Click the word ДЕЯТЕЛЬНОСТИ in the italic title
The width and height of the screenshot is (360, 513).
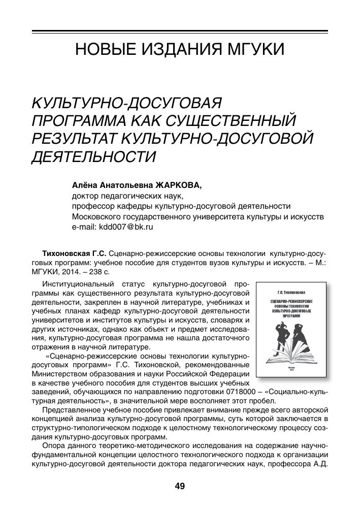coord(93,155)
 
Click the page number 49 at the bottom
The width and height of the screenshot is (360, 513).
coord(180,486)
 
